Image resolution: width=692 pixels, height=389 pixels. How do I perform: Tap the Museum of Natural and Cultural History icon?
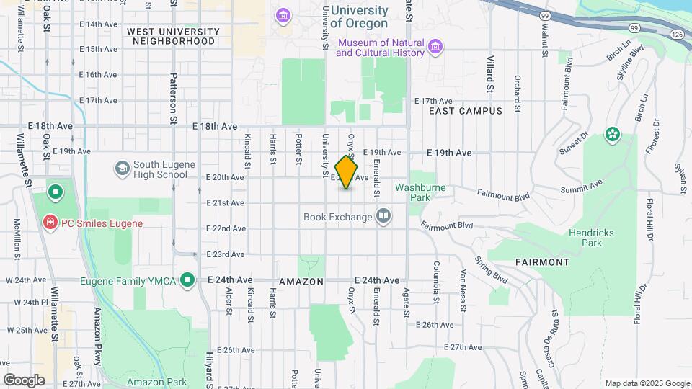coord(435,48)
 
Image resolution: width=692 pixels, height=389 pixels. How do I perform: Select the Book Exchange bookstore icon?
coord(383,216)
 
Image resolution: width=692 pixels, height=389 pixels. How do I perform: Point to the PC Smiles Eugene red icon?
coord(50,223)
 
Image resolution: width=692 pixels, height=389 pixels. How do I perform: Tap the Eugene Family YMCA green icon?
coord(188,279)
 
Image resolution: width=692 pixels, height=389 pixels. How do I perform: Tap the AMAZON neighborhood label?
coord(301,282)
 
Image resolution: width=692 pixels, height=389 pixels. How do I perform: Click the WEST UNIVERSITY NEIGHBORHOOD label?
coord(173,37)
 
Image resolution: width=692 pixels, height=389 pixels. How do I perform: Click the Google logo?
coord(24,380)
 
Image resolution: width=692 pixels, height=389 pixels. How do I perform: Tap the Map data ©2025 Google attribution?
coord(647,383)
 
